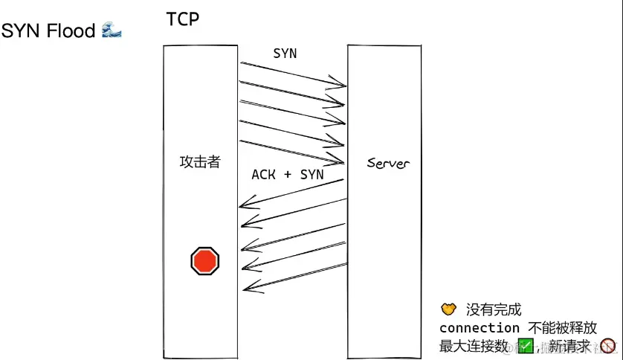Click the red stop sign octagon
[204, 261]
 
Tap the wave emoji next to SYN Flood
[111, 30]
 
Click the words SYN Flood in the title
[48, 31]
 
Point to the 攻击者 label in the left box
[200, 161]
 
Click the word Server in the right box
[387, 162]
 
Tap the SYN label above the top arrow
[285, 54]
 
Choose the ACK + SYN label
[288, 174]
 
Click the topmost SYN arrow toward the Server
[293, 74]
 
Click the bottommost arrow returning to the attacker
[294, 274]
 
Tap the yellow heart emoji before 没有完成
[448, 309]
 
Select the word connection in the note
[480, 328]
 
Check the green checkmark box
[526, 346]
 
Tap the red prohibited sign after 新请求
[608, 346]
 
